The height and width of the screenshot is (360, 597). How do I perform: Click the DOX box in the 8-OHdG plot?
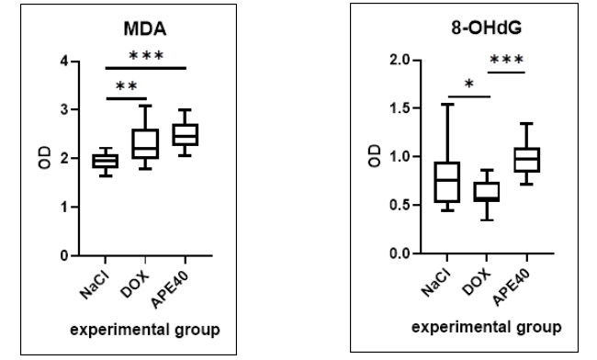tap(486, 192)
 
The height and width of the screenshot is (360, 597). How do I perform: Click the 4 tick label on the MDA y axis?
tap(63, 62)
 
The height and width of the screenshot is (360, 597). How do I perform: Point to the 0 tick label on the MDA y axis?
tap(63, 255)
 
